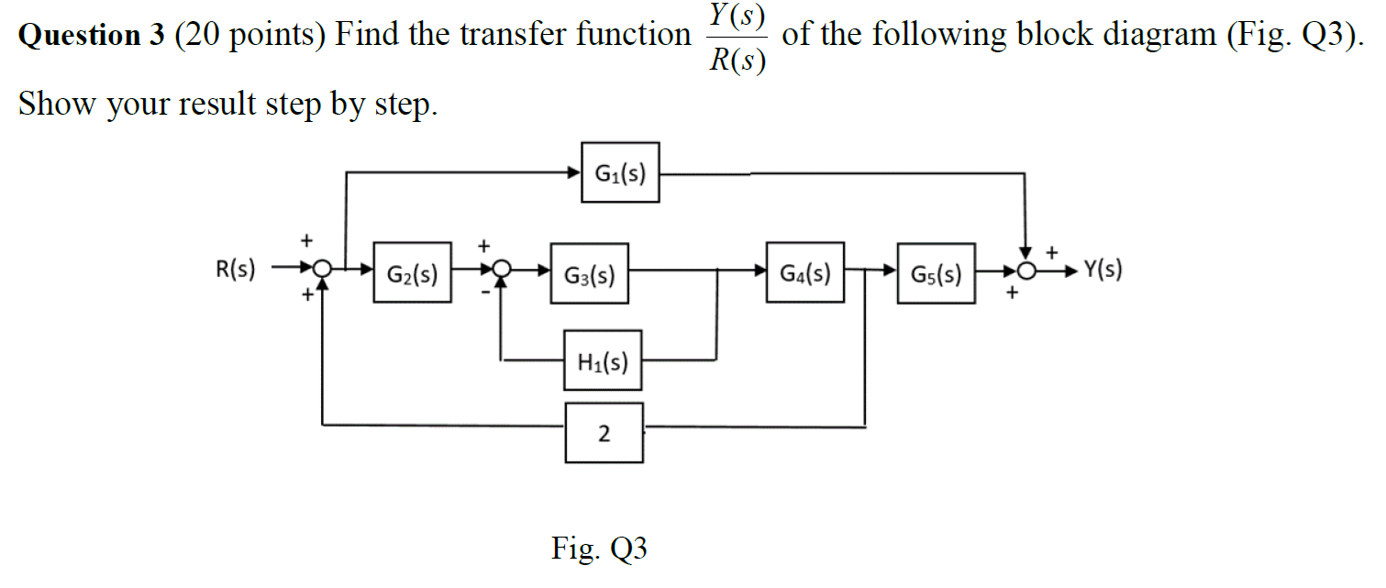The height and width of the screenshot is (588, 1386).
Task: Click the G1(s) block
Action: tap(620, 172)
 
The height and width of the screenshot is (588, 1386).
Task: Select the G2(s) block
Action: tap(412, 273)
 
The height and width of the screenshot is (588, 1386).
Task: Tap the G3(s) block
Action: tap(589, 273)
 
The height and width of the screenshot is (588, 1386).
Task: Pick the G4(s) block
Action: tap(805, 272)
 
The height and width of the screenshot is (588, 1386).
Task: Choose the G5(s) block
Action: tap(937, 273)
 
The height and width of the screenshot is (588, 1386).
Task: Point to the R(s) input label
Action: tap(236, 271)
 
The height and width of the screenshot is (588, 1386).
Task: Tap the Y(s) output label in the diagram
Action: tap(1103, 270)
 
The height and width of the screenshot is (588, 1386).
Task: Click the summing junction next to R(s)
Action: tap(322, 271)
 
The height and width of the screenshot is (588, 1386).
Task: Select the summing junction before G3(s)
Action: tap(502, 271)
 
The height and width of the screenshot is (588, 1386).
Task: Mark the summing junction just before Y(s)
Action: tap(1027, 272)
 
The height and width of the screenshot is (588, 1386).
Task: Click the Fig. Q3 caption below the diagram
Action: tap(599, 549)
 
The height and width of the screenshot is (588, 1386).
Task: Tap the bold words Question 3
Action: tap(92, 36)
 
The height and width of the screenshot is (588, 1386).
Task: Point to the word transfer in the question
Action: tap(514, 36)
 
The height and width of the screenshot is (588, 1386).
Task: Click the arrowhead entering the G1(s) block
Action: tap(574, 172)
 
